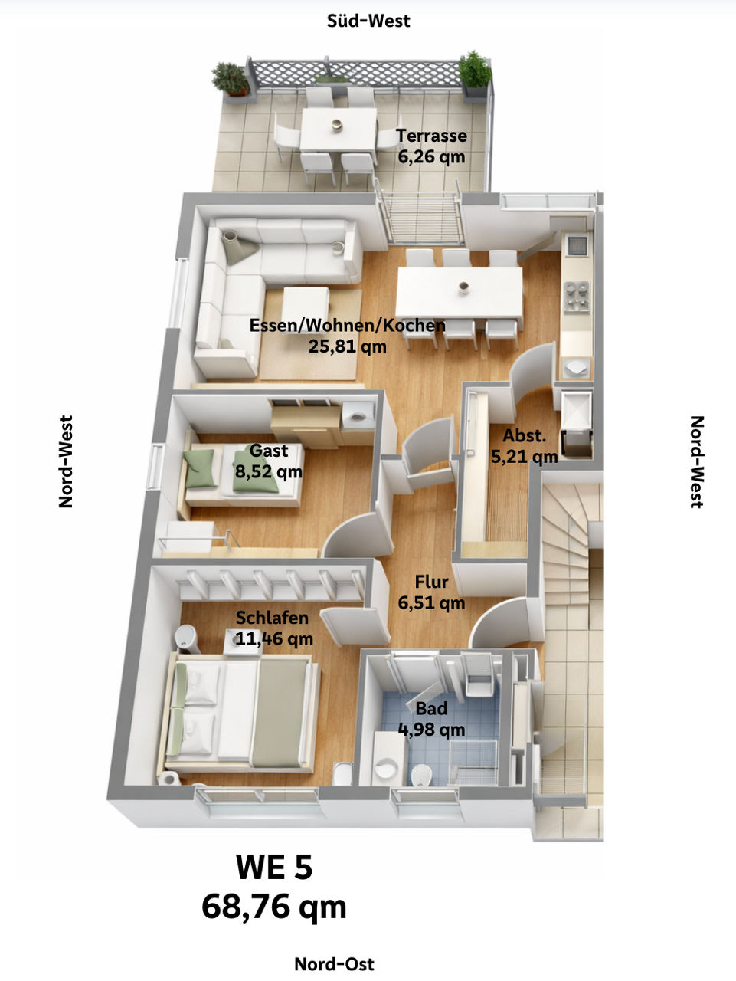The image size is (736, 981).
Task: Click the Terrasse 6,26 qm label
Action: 431,146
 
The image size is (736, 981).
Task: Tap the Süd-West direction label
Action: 368,21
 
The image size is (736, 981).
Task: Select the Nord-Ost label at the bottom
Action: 335,963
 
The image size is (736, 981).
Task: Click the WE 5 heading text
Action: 274,868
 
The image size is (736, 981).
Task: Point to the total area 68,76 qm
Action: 274,907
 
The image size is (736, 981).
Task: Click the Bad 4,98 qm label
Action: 431,718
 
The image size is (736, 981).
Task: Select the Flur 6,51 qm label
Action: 431,592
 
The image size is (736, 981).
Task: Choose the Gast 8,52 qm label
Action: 269,461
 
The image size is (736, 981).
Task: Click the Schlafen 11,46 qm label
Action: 273,627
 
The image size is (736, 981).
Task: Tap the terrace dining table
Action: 338,129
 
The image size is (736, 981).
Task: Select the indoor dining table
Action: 459,291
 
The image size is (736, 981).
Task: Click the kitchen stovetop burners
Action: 577,294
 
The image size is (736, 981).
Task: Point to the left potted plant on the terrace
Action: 230,78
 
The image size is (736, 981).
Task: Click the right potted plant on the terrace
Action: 475,71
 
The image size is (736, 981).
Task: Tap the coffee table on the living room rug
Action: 306,307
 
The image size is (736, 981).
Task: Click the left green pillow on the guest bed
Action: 201,468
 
